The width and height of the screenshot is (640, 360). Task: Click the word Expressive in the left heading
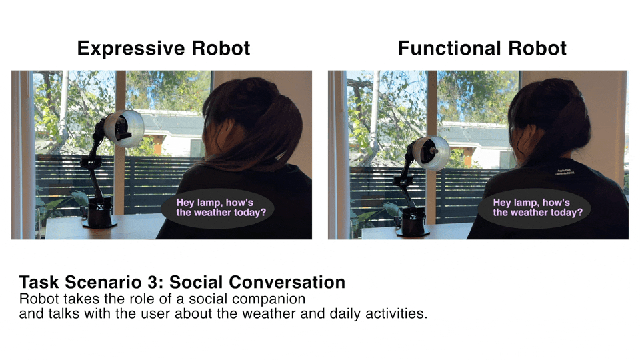pos(131,49)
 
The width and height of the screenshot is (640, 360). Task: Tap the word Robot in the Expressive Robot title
pos(221,48)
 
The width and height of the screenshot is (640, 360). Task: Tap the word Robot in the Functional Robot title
pos(537,48)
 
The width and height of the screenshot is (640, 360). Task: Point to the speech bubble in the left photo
pos(217,208)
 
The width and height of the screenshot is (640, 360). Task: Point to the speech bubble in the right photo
pos(534,208)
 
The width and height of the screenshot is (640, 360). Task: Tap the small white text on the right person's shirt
pos(564,172)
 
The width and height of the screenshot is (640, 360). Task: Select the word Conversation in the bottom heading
pos(287,283)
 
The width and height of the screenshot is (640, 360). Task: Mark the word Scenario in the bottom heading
pos(107,283)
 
